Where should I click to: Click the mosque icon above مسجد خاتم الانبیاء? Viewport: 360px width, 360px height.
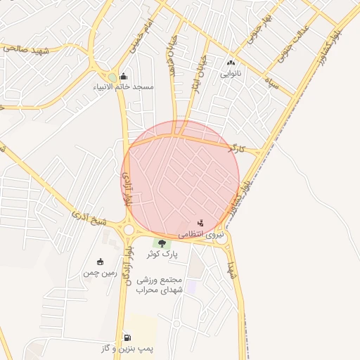pos(124,77)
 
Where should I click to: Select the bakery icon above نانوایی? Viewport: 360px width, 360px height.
pos(231,63)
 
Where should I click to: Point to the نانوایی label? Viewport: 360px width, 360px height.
pos(231,73)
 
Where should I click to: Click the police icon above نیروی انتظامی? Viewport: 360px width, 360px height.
pos(201,223)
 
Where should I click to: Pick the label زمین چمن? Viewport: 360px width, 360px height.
pos(99,271)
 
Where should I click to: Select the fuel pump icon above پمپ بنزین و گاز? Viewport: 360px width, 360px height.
pos(127,338)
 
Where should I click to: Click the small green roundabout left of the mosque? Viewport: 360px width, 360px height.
pos(112,77)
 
